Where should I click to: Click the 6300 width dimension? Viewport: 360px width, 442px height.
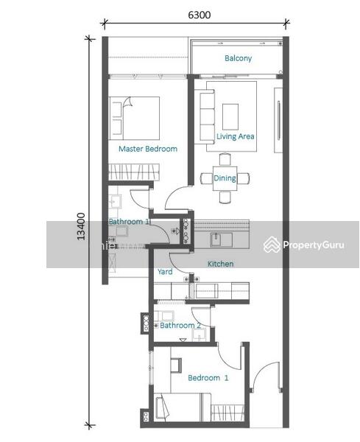pyautogui.click(x=200, y=15)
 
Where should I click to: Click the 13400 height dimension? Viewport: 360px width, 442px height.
pyautogui.click(x=81, y=226)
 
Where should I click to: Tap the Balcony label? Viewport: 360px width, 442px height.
pyautogui.click(x=238, y=58)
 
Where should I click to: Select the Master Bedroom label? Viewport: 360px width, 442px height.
pyautogui.click(x=148, y=149)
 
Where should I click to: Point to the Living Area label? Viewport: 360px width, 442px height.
pyautogui.click(x=235, y=136)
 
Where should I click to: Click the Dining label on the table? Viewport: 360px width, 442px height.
pyautogui.click(x=225, y=178)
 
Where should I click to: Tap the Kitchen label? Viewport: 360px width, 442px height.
pyautogui.click(x=220, y=264)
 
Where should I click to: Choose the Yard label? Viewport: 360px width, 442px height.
pyautogui.click(x=165, y=272)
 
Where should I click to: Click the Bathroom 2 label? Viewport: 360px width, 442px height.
pyautogui.click(x=180, y=326)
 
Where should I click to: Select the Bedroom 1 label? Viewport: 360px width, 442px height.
pyautogui.click(x=208, y=378)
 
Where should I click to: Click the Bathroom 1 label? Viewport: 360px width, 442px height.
pyautogui.click(x=129, y=222)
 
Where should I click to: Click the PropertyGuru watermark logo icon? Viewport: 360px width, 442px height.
pyautogui.click(x=272, y=245)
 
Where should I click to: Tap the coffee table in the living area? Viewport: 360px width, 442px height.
pyautogui.click(x=230, y=116)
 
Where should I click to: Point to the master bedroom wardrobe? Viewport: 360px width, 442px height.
pyautogui.click(x=134, y=172)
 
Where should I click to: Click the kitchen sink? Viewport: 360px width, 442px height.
pyautogui.click(x=221, y=239)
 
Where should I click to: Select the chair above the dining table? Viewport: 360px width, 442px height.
pyautogui.click(x=225, y=159)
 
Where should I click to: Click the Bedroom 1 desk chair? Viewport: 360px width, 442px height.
pyautogui.click(x=176, y=365)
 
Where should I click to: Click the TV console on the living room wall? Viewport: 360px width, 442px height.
pyautogui.click(x=278, y=120)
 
